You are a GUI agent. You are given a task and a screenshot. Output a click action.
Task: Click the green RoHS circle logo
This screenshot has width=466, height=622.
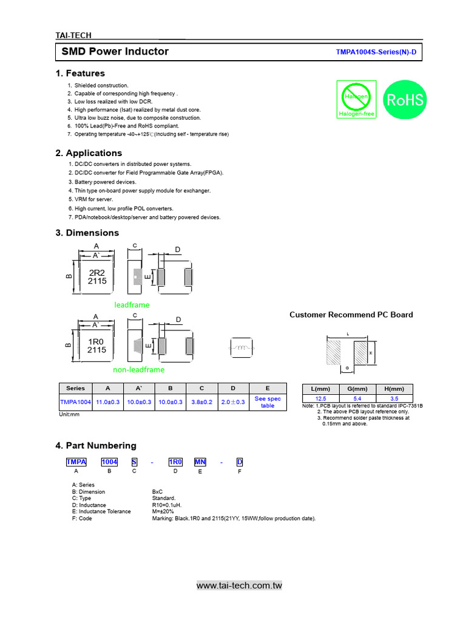(x=405, y=100)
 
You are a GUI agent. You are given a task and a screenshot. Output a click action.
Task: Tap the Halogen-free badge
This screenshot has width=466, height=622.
(x=356, y=100)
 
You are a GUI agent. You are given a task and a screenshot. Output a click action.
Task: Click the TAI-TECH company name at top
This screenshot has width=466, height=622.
(x=73, y=36)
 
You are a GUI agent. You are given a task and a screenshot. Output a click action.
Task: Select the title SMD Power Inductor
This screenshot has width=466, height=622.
(x=115, y=52)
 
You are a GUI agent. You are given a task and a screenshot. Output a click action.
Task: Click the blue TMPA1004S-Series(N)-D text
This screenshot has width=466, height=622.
(x=376, y=52)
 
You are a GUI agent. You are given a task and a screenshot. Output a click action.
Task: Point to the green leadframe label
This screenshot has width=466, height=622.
(x=132, y=305)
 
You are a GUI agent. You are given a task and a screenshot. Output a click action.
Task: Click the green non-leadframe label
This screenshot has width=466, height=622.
(x=138, y=369)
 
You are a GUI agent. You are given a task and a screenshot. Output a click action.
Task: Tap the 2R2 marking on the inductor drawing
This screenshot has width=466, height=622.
(x=96, y=273)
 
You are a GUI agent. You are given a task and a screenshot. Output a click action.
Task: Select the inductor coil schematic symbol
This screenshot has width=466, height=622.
(x=242, y=349)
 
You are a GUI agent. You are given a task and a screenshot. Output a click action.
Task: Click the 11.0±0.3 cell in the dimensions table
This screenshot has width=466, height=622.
(x=108, y=402)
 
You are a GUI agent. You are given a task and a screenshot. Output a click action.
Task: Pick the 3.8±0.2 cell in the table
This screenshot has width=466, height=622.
(x=201, y=402)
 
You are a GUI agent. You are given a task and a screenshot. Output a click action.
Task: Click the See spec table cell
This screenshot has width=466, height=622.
(x=268, y=402)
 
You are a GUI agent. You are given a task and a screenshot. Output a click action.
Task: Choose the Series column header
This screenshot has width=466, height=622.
(x=75, y=388)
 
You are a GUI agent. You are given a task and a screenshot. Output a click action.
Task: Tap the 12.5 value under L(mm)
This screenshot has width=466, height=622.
(x=320, y=398)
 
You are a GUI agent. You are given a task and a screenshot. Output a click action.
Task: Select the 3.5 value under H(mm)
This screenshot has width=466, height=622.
(x=394, y=398)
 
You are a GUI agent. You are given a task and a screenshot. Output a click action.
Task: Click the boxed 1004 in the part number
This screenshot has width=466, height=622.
(x=109, y=462)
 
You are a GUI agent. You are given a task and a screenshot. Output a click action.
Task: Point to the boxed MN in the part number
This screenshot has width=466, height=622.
(x=200, y=462)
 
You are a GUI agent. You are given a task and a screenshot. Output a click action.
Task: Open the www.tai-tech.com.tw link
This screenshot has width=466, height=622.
(x=239, y=586)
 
